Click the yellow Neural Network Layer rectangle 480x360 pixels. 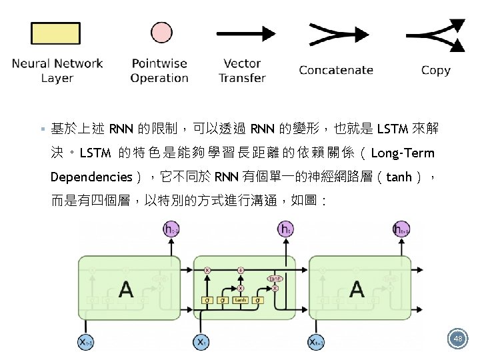57,35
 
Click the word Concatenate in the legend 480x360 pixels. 336,70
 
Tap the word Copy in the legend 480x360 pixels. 435,70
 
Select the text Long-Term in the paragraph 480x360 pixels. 402,153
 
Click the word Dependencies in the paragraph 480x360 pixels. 91,177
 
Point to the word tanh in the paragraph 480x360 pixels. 399,177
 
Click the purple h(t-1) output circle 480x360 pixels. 171,230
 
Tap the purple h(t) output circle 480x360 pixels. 285,230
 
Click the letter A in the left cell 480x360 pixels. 125,289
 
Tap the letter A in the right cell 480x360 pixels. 357,289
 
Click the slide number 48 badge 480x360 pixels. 458,339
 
